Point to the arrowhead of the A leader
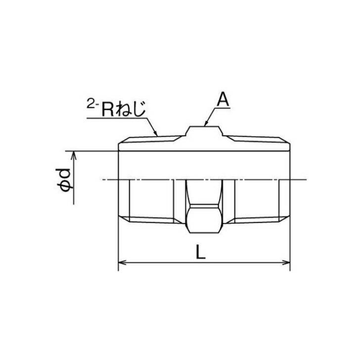tap(205, 124)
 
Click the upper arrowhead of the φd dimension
tap(75, 155)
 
